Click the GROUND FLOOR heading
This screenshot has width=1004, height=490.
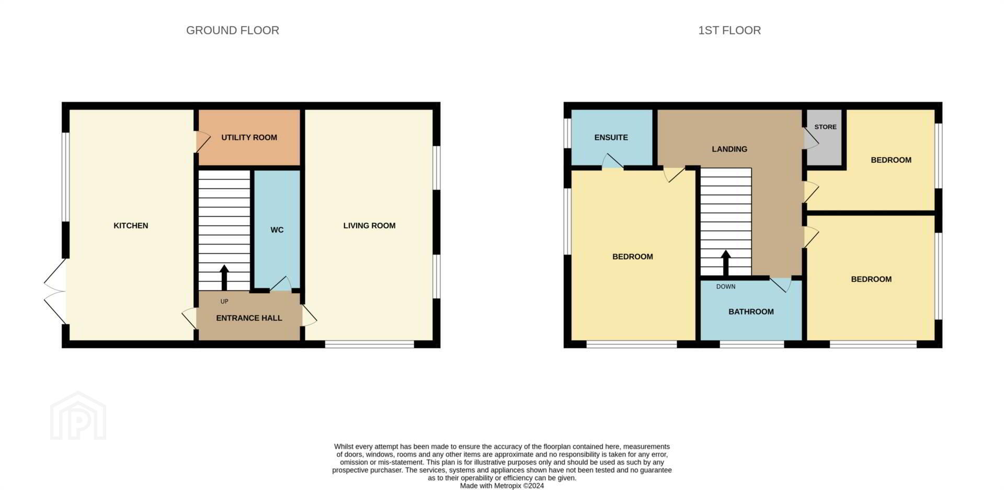click(x=233, y=30)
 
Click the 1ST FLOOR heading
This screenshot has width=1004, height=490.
click(x=729, y=30)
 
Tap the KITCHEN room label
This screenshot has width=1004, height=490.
click(x=131, y=226)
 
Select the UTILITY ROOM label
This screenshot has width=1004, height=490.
click(x=249, y=138)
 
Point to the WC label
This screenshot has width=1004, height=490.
click(x=277, y=230)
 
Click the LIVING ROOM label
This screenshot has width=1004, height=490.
click(x=369, y=226)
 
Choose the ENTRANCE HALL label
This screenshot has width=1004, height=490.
click(x=249, y=318)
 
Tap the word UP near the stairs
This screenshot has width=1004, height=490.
click(x=224, y=302)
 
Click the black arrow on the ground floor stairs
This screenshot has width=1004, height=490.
click(x=224, y=277)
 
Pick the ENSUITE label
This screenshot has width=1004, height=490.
click(x=611, y=138)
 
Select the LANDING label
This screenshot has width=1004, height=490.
click(x=729, y=149)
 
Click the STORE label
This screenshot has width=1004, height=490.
click(x=825, y=127)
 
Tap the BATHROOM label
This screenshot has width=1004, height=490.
click(x=751, y=312)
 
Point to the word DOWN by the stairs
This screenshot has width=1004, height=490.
click(x=726, y=287)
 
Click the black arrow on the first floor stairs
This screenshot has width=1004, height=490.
click(x=726, y=263)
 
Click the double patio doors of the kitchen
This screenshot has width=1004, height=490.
click(x=55, y=292)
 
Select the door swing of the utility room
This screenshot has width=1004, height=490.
click(x=203, y=142)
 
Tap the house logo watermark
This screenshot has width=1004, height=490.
click(x=78, y=416)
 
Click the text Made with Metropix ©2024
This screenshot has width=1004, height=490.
click(x=502, y=486)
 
